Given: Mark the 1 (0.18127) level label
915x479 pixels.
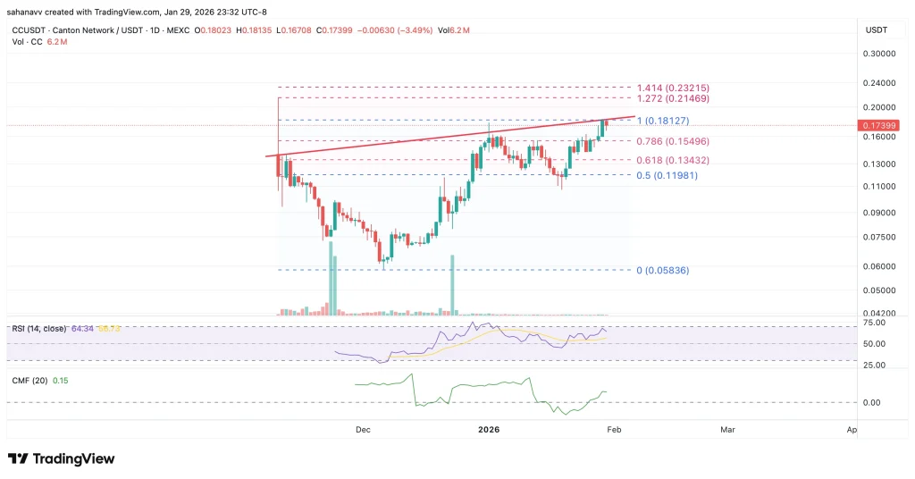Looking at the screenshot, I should pos(663,121).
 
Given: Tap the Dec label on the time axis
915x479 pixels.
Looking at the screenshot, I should pos(362,430).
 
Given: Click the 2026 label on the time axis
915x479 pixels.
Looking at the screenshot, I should pos(489,430).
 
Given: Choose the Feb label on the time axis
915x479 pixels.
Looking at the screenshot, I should pos(613,430).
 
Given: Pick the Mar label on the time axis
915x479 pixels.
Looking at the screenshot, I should pos(727,430).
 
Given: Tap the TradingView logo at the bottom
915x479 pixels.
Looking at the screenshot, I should pos(62,458).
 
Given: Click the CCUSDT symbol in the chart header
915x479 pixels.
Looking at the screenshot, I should pos(27,30).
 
